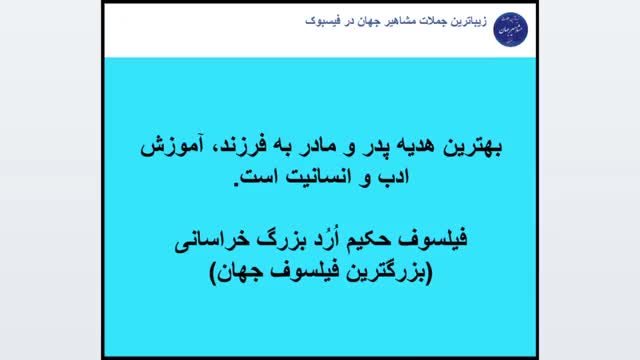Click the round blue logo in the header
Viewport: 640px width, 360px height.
coord(510,29)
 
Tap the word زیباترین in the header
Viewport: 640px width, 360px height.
coord(472,21)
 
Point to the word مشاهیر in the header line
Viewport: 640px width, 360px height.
coord(399,21)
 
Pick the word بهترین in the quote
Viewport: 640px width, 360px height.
coord(472,147)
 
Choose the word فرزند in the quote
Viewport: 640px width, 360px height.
coord(245,147)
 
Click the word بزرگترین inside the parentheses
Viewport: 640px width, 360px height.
coord(386,272)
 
